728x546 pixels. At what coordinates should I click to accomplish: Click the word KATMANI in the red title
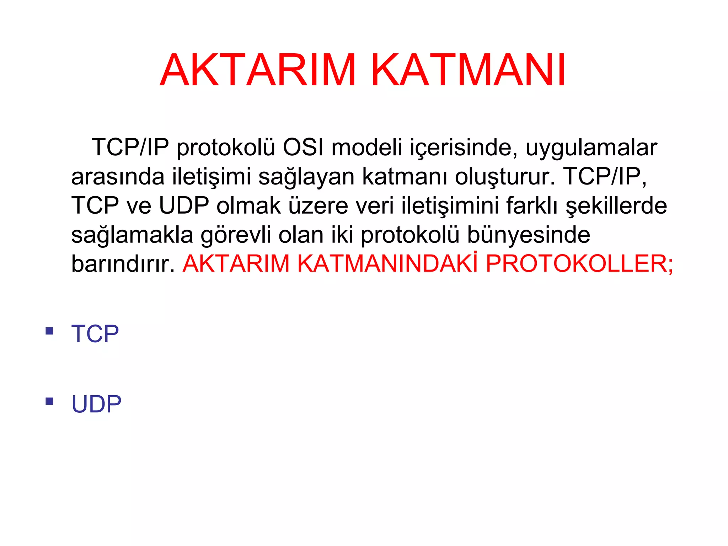(x=469, y=70)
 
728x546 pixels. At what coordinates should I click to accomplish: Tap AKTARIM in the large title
(x=258, y=70)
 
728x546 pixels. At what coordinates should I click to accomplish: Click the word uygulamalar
(x=591, y=148)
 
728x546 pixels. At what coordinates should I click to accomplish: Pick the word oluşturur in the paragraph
(x=505, y=177)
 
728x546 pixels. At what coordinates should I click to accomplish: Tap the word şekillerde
(x=616, y=206)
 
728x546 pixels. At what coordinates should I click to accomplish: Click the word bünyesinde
(x=529, y=235)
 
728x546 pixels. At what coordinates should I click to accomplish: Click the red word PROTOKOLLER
(x=579, y=264)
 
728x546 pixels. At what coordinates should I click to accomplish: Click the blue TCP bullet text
(x=95, y=334)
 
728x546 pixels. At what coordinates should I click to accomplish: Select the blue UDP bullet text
(x=96, y=404)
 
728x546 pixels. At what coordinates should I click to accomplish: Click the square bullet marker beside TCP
(x=49, y=331)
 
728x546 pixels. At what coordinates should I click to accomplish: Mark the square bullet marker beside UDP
(x=49, y=401)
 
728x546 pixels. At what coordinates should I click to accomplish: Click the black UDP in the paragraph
(x=184, y=206)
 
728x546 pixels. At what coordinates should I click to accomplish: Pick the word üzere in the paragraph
(x=318, y=206)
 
